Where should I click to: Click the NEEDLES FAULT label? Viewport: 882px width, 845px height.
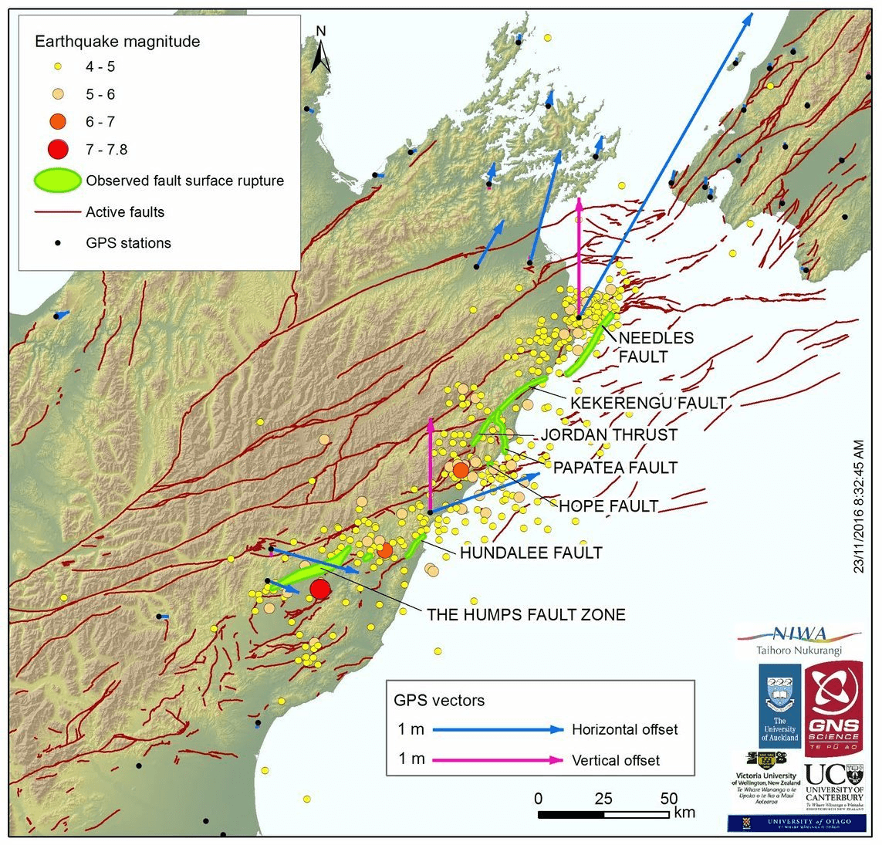coord(655,347)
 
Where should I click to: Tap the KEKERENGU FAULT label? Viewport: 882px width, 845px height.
coord(647,403)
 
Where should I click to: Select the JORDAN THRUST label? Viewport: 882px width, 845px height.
coord(608,435)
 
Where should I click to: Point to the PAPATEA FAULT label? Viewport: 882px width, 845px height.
coord(614,468)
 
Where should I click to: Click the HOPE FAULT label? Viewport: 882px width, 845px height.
coord(607,506)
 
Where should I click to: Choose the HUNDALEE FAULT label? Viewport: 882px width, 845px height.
coord(530,553)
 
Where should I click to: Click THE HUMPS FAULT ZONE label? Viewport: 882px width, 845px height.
coord(525,615)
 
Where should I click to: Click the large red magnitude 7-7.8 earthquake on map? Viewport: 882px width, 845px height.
coord(319,590)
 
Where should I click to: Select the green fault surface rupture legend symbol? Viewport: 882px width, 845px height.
coord(56,181)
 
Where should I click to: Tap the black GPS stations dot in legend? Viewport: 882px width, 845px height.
coord(56,243)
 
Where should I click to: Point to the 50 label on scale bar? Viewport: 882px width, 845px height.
coord(668,799)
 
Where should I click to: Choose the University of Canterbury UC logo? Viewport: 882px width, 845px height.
coord(833,784)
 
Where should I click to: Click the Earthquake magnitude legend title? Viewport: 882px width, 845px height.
coord(117,42)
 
